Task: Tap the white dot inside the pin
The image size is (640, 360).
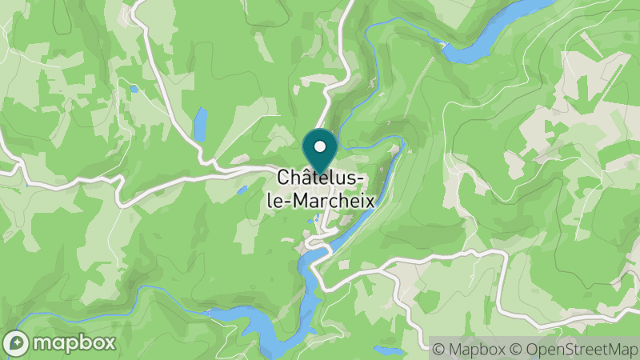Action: coord(320,146)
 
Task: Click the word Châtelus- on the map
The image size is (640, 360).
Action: coord(322,178)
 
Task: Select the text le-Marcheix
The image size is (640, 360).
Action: coord(319,200)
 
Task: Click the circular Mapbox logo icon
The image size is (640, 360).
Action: coord(15,343)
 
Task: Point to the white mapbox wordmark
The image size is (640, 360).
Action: coord(73,343)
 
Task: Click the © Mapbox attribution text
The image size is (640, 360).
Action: coord(468,349)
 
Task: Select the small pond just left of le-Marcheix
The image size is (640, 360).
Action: coord(241,190)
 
